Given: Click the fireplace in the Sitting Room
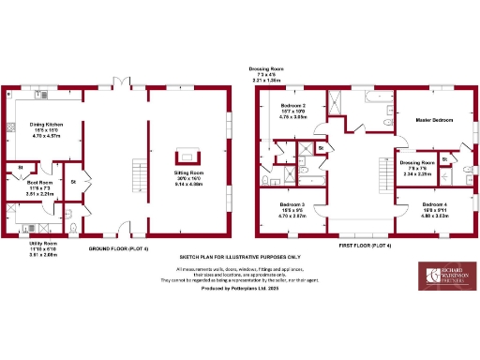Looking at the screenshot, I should (187, 157).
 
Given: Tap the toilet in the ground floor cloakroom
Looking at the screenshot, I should (73, 214).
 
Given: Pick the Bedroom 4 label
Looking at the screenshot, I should (434, 207).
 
